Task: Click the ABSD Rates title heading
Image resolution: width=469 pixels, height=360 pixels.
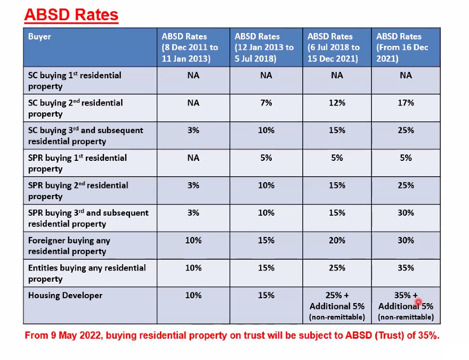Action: (x=71, y=14)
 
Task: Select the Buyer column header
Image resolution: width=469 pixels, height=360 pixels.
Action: (x=39, y=37)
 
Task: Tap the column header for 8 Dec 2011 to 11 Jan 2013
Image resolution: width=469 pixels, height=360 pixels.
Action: (x=190, y=47)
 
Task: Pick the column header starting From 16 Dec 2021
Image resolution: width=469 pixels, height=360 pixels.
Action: (x=402, y=47)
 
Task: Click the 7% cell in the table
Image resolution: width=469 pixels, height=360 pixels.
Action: (x=265, y=103)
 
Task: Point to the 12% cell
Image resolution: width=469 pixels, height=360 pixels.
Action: (x=337, y=103)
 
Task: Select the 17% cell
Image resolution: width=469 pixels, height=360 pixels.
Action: (x=406, y=103)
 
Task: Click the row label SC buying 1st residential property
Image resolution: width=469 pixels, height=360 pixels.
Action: (x=75, y=81)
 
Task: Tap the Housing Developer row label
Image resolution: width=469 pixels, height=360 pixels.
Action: (x=65, y=295)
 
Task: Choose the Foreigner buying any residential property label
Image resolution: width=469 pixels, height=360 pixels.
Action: (x=69, y=246)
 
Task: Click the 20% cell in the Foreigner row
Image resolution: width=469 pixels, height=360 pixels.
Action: (x=337, y=240)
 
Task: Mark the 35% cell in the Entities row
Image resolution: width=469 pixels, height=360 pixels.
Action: (x=406, y=268)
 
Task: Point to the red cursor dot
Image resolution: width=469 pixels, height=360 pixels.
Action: (x=418, y=302)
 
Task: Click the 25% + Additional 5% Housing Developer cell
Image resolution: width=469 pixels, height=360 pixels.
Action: (x=337, y=306)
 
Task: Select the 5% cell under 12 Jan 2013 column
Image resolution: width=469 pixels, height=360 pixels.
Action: (x=265, y=158)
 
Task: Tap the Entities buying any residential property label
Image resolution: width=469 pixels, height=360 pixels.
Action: (x=87, y=273)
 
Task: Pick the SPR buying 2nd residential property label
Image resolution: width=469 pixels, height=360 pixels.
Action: (x=78, y=191)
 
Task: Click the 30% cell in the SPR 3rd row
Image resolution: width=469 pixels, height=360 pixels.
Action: (x=406, y=212)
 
